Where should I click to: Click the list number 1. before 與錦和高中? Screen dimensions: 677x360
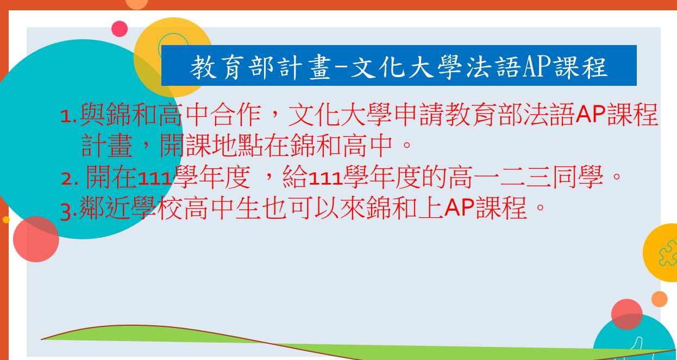tap(69, 117)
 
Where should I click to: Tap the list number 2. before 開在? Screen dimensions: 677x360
tap(70, 179)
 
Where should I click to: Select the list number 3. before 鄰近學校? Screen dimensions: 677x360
tap(68, 212)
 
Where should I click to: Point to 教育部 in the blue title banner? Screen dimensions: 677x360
tap(232, 67)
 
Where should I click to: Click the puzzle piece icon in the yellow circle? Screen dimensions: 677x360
tap(668, 253)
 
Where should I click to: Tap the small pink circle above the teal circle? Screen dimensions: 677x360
tap(120, 29)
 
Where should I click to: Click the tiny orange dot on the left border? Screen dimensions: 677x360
tap(6, 219)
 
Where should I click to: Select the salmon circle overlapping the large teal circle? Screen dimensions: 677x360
tap(36, 239)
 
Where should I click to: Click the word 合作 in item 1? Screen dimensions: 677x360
tap(235, 115)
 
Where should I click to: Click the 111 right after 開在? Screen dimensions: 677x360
tap(155, 179)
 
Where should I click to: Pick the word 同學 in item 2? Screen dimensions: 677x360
tap(578, 177)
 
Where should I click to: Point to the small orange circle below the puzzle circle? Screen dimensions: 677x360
tap(659, 299)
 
